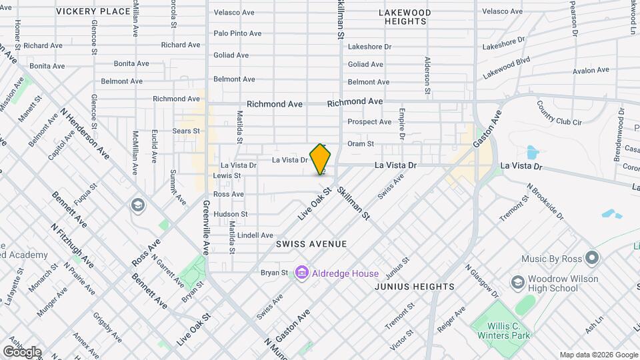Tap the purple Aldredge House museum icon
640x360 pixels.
click(301, 273)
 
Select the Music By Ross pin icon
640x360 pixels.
click(591, 258)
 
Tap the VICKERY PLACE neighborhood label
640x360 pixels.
click(93, 11)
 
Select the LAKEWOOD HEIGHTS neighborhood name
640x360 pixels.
click(405, 17)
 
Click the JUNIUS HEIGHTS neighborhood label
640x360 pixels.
click(414, 287)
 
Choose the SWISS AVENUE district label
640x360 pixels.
click(311, 244)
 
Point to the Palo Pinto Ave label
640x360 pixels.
click(239, 33)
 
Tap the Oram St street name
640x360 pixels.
click(361, 143)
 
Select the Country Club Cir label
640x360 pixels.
click(559, 113)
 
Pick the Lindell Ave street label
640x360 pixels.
click(255, 235)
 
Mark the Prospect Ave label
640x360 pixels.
click(369, 122)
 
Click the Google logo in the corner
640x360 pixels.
click(22, 351)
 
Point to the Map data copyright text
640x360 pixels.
click(599, 355)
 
